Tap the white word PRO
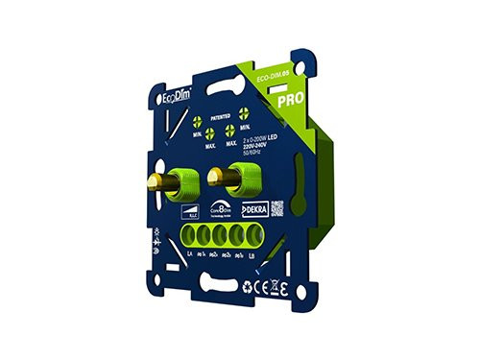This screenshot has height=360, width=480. click(289, 99)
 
